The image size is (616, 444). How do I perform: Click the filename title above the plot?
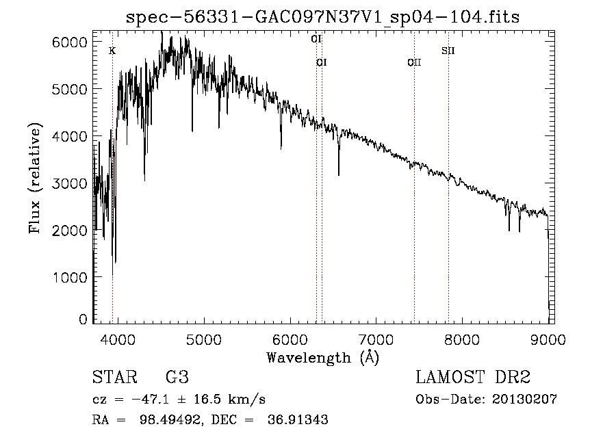click(323, 17)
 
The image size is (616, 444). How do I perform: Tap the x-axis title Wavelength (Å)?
click(322, 357)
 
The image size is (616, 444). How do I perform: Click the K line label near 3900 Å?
click(112, 51)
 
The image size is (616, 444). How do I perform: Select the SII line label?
click(448, 51)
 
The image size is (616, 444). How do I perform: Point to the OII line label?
click(414, 63)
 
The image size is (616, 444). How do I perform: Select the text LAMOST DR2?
click(473, 378)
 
